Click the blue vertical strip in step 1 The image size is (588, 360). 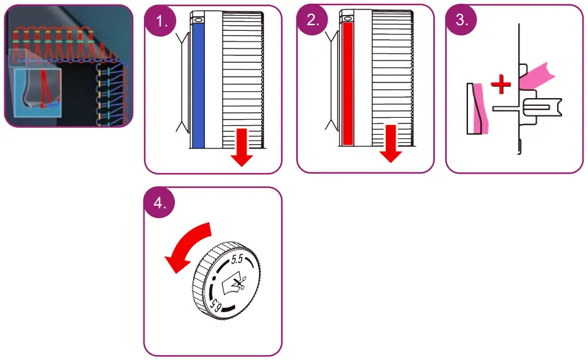pyautogui.click(x=199, y=85)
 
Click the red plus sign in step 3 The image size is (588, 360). pyautogui.click(x=501, y=85)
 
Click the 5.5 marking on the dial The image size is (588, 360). pyautogui.click(x=237, y=259)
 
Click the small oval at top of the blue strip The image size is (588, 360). pyautogui.click(x=199, y=20)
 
